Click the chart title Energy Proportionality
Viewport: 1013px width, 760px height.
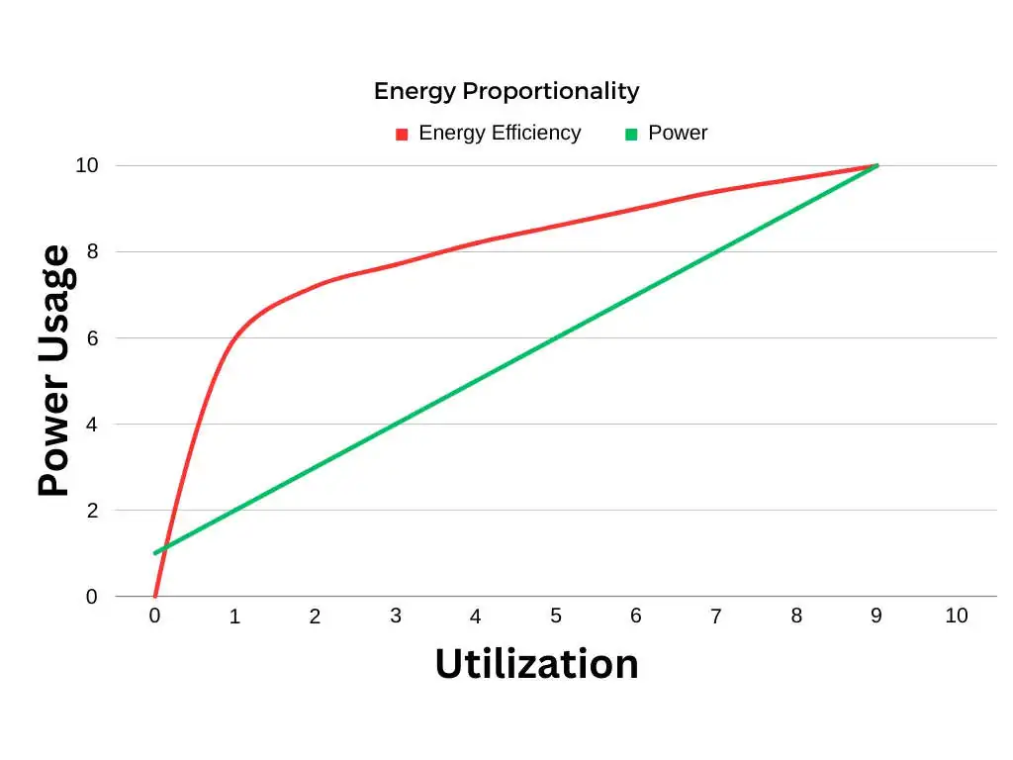(506, 91)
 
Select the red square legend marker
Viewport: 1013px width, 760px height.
(402, 135)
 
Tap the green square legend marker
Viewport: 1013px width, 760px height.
(631, 135)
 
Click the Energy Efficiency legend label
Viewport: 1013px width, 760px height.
(500, 133)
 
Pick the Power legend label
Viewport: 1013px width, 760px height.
(678, 133)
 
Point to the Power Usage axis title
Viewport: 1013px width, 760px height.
(54, 371)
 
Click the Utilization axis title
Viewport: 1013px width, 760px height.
(536, 663)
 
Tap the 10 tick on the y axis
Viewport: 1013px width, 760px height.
(87, 165)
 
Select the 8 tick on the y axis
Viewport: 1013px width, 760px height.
(92, 251)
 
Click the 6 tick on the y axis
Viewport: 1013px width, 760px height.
(92, 337)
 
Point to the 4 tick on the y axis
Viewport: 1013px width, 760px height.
(92, 425)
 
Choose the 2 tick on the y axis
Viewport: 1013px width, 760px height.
(92, 511)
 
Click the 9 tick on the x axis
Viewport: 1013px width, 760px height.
(876, 616)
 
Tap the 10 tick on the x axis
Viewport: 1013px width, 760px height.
(956, 616)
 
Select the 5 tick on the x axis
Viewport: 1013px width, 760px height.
(556, 616)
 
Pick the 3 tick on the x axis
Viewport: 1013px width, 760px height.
(396, 616)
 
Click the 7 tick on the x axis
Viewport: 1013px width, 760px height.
(716, 617)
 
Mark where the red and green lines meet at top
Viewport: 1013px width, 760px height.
(876, 165)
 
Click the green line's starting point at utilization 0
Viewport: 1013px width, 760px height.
(155, 553)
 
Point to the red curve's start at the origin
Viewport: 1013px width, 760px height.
(155, 596)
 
